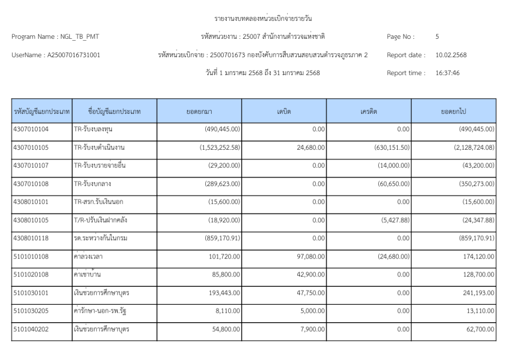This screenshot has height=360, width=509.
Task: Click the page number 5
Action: (437, 36)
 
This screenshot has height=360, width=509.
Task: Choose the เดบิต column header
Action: (284, 112)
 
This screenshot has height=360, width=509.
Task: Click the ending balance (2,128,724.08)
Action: (470, 147)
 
